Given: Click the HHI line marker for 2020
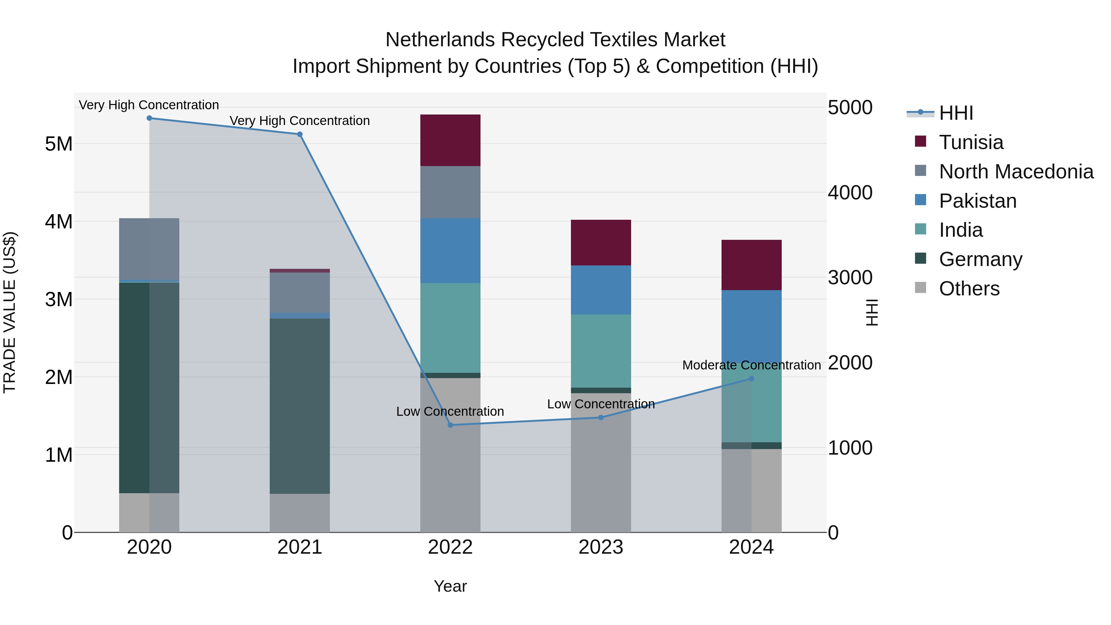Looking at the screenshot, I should [149, 118].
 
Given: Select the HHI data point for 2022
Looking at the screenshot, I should [450, 425].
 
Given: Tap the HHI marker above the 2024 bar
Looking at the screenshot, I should [751, 379].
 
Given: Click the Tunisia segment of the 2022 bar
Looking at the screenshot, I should [450, 140].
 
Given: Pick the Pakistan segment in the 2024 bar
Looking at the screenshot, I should [751, 328].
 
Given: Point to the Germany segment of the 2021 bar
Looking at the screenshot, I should [300, 406].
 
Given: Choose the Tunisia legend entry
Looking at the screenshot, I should [971, 142].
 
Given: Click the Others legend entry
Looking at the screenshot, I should [969, 289].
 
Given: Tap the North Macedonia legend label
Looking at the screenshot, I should [1016, 172].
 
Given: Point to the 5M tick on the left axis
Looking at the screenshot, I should [59, 144].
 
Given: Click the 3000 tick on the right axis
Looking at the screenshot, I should [850, 277].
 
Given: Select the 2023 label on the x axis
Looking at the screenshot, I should [601, 547].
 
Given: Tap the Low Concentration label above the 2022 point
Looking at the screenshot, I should [450, 411].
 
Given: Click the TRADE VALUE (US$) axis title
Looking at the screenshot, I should [10, 312].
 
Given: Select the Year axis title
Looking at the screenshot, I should [450, 586].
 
